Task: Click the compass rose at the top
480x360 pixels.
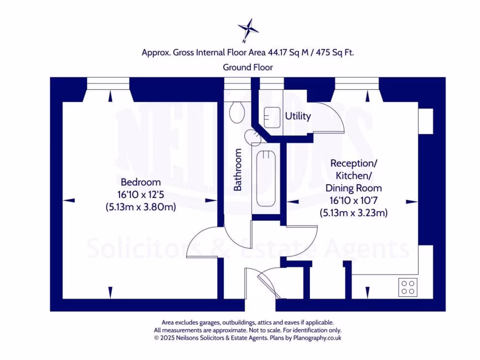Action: (248, 30)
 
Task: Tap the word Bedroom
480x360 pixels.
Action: (141, 182)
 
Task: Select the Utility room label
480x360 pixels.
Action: (298, 116)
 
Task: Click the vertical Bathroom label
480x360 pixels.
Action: (238, 170)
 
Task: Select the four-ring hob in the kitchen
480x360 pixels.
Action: (408, 286)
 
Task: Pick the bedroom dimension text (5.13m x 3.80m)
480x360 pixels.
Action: (141, 207)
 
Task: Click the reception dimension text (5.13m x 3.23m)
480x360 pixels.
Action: (353, 212)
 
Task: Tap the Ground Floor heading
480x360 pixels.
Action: (247, 67)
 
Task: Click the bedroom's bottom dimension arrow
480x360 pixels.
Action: (110, 292)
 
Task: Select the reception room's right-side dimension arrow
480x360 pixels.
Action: (412, 202)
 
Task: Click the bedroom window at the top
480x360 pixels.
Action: (109, 82)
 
